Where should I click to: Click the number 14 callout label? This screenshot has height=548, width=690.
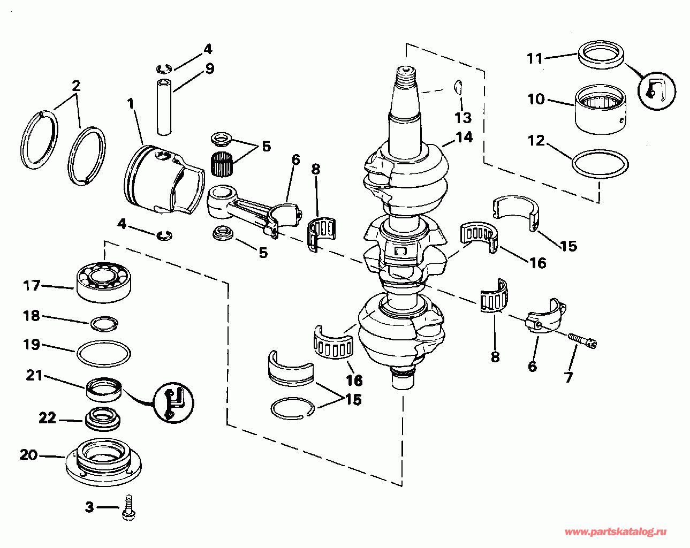point(464,137)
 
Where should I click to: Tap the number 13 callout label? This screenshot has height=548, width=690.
point(463,117)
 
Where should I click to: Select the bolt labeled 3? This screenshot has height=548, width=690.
point(129,507)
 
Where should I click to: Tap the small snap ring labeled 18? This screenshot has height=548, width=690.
point(104,323)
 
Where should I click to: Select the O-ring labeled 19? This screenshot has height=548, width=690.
point(104,353)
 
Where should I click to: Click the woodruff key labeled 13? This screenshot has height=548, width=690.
point(458,86)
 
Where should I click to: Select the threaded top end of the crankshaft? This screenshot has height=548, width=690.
point(406,75)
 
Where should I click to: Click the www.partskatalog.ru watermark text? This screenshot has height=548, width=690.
point(616,531)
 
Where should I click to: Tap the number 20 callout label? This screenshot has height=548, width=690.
point(29,455)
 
